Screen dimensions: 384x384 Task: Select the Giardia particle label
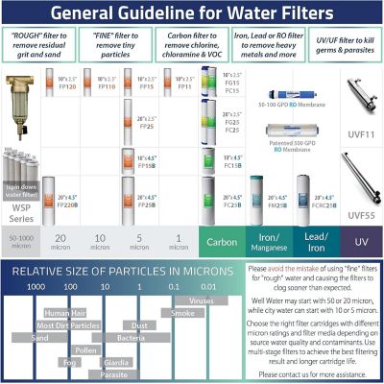(x=116, y=363)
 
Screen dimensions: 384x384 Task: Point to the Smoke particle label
(x=182, y=313)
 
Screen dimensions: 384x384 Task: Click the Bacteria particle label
(x=131, y=338)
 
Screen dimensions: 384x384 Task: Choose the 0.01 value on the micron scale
(x=208, y=286)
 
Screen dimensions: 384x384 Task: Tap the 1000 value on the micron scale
(x=36, y=286)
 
